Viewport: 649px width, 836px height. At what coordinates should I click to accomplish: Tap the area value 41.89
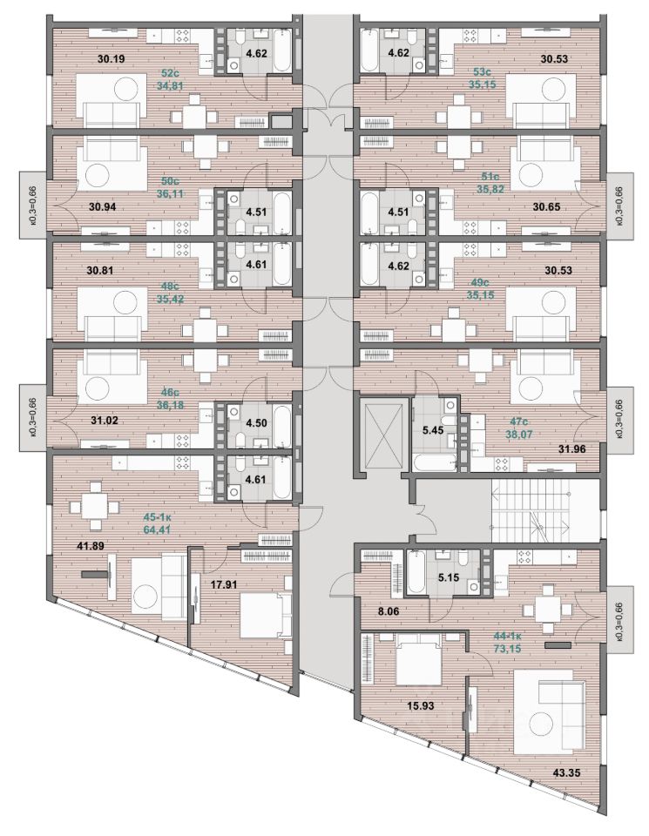tap(71, 546)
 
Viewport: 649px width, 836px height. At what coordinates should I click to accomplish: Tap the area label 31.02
tap(106, 421)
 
